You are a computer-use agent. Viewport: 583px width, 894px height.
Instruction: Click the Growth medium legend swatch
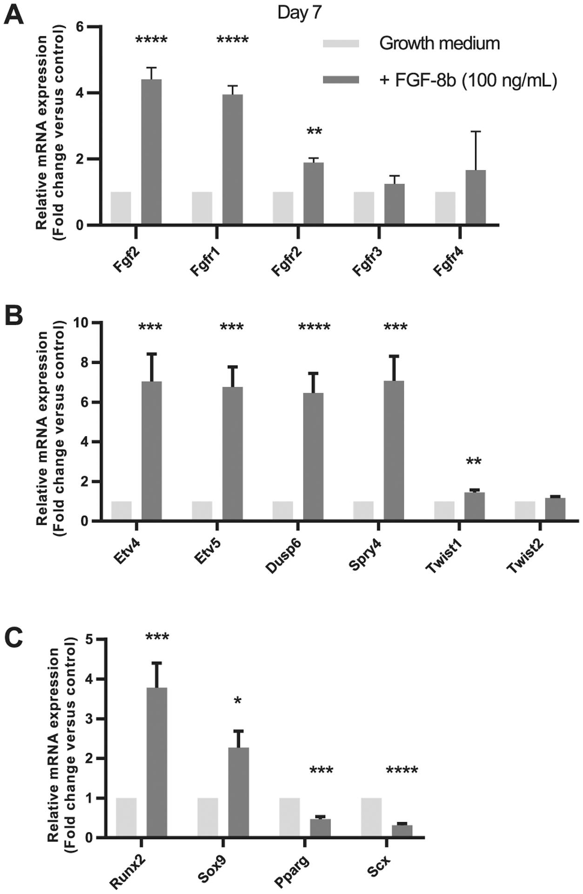click(x=341, y=43)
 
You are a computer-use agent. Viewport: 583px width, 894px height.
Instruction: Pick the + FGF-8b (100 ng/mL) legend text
click(x=468, y=80)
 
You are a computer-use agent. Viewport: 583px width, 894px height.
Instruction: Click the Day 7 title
click(x=299, y=13)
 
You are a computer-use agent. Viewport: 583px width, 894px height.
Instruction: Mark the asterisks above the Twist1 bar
click(x=474, y=462)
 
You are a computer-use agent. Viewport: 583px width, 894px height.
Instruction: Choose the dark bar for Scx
click(x=402, y=831)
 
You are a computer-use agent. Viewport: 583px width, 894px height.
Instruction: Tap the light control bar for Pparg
click(x=289, y=818)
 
